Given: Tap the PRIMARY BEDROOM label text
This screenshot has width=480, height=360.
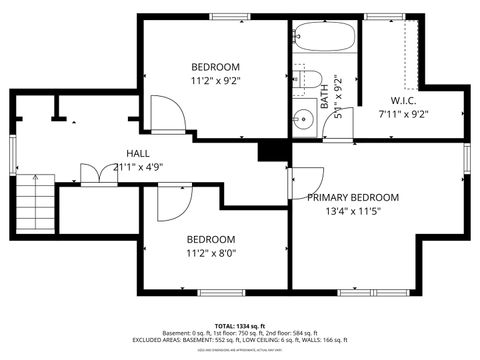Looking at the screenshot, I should (x=353, y=197).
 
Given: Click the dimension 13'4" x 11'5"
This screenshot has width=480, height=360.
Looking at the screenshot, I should (x=353, y=211).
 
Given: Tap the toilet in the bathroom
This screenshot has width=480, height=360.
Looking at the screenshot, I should (x=305, y=81).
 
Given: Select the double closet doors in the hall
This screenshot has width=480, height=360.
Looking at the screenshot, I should (x=96, y=176).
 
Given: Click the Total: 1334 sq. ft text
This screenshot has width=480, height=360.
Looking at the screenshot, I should (x=240, y=326).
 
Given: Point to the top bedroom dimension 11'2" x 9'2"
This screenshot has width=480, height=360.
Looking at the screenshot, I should (x=215, y=80).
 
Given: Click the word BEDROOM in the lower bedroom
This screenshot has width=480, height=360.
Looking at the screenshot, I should (x=211, y=239).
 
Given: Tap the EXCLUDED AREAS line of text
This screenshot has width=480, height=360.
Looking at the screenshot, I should (x=240, y=341).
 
